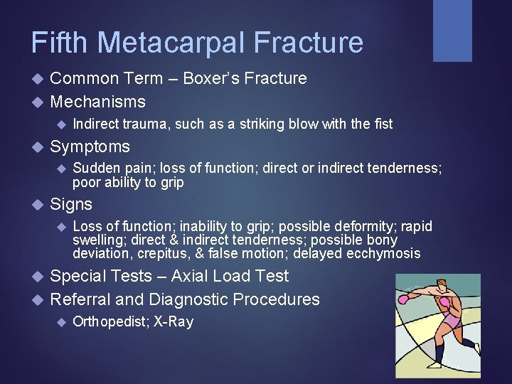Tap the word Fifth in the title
(x=60, y=43)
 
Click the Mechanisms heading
(x=97, y=102)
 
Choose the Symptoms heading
(x=90, y=147)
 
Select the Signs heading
(x=71, y=205)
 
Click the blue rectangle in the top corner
(x=452, y=31)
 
